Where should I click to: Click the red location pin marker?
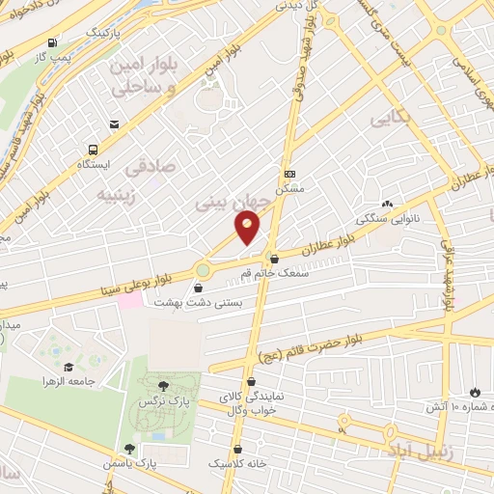[x=248, y=228]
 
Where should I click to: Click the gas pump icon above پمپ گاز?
[x=51, y=41]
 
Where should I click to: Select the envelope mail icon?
[x=115, y=124]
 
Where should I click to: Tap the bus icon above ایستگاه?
[x=93, y=150]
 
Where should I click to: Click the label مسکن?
[x=288, y=189]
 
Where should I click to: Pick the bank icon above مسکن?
[x=288, y=175]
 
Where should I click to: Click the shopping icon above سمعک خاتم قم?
[x=274, y=258]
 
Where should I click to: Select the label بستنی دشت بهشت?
[x=199, y=302]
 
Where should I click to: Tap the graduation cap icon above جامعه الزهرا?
[x=69, y=367]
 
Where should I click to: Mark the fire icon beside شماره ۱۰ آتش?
[x=474, y=391]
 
